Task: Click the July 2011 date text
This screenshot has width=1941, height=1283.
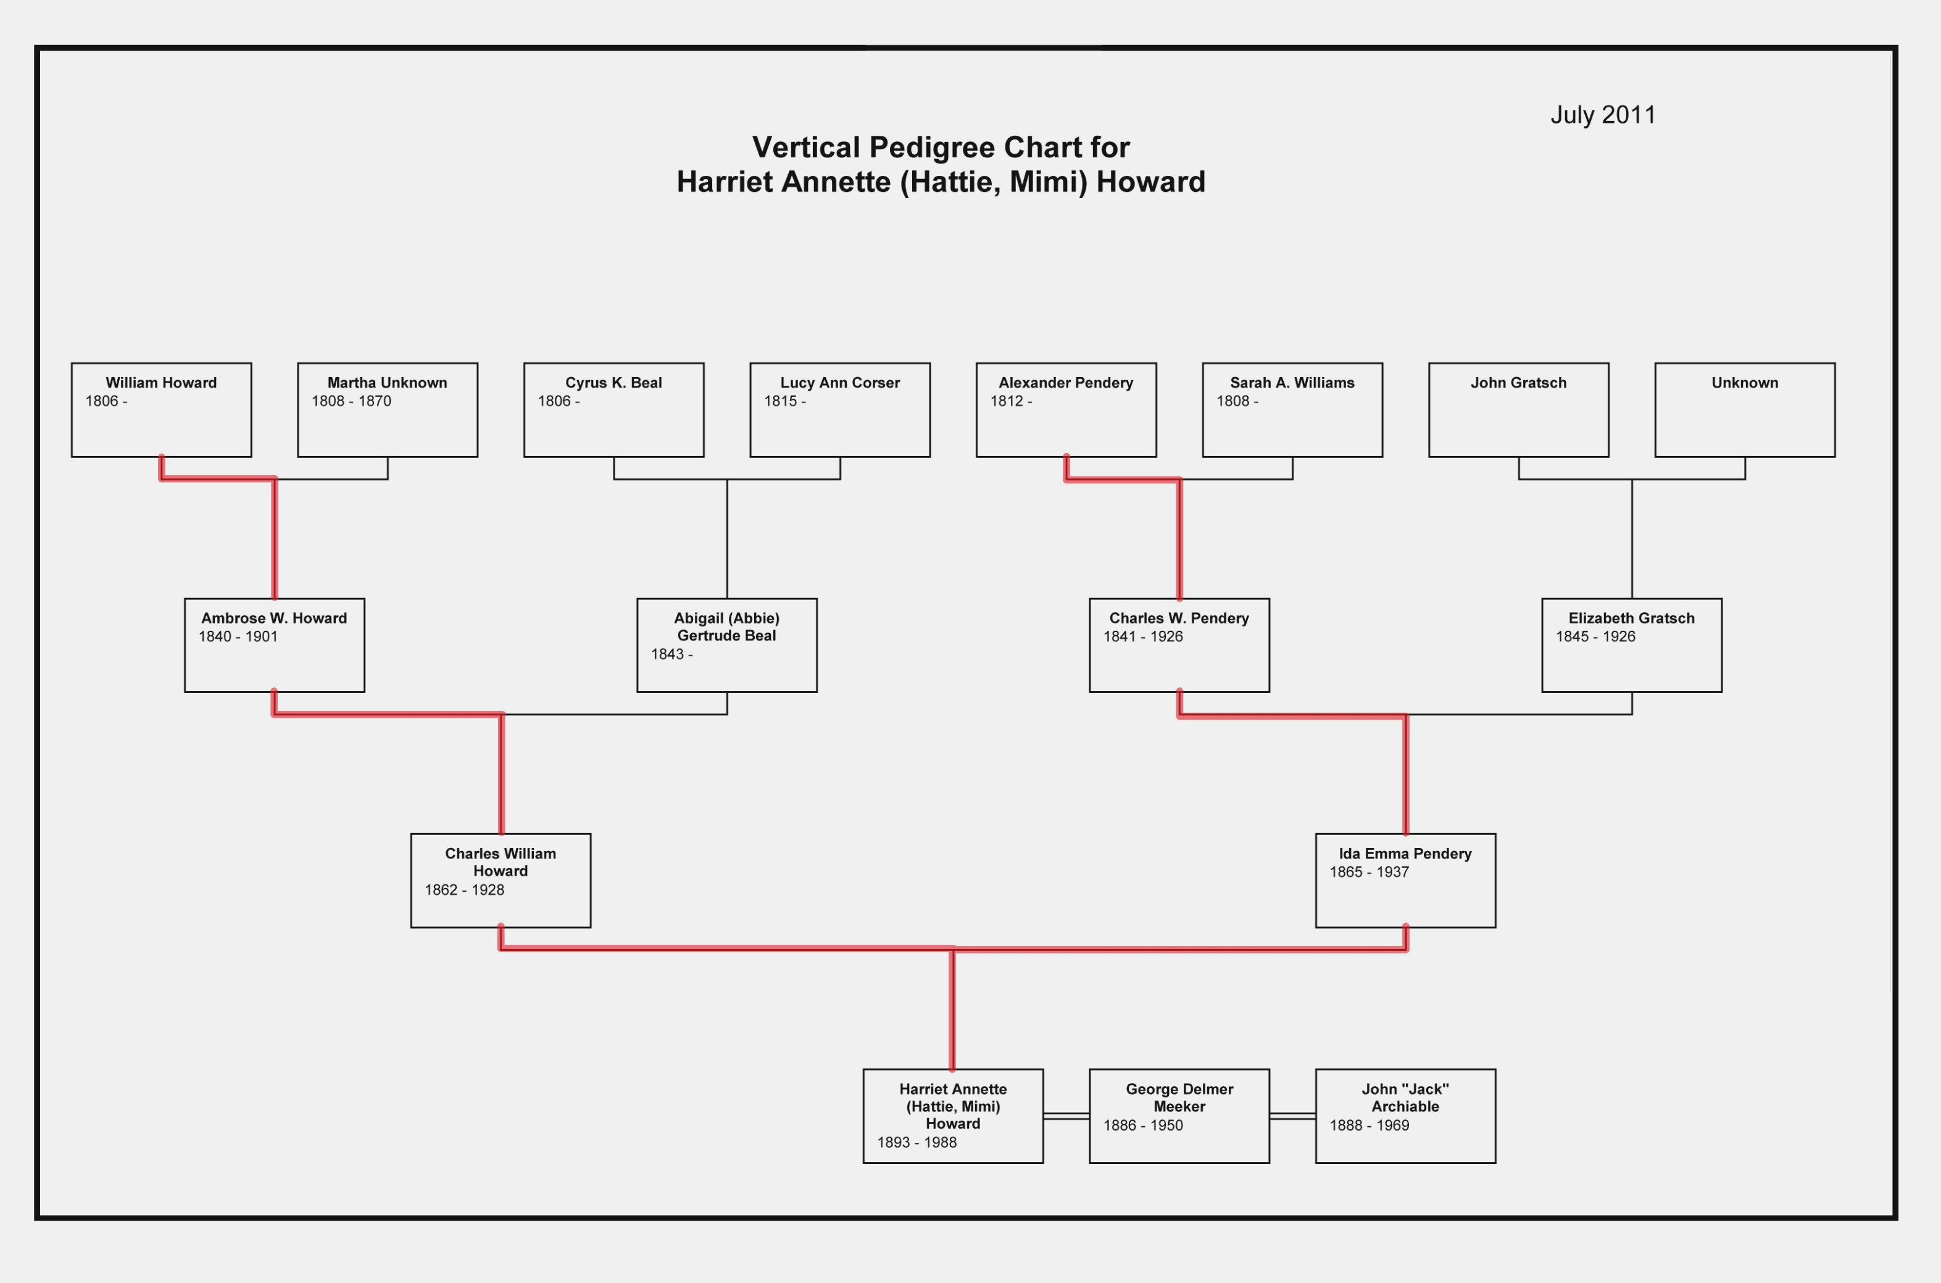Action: pyautogui.click(x=1602, y=115)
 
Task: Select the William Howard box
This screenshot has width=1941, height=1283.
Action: pyautogui.click(x=161, y=410)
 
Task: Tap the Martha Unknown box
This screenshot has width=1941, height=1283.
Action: pyautogui.click(x=387, y=410)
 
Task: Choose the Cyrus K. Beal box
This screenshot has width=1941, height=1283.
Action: pyautogui.click(x=613, y=410)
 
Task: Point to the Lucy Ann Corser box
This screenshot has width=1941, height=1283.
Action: pyautogui.click(x=839, y=410)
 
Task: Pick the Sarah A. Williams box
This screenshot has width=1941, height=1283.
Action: pyautogui.click(x=1292, y=410)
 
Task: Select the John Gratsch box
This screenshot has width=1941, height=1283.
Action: pyautogui.click(x=1519, y=410)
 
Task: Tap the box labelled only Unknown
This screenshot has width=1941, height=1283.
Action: pyautogui.click(x=1745, y=410)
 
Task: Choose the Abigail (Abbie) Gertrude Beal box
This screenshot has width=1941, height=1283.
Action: pyautogui.click(x=726, y=646)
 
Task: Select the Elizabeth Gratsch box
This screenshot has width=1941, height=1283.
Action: pyautogui.click(x=1632, y=646)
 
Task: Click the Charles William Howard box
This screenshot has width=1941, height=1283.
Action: pyautogui.click(x=501, y=881)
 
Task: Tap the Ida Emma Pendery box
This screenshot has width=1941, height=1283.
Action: pyautogui.click(x=1406, y=881)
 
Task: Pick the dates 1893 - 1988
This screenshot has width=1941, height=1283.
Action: pyautogui.click(x=916, y=1142)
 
